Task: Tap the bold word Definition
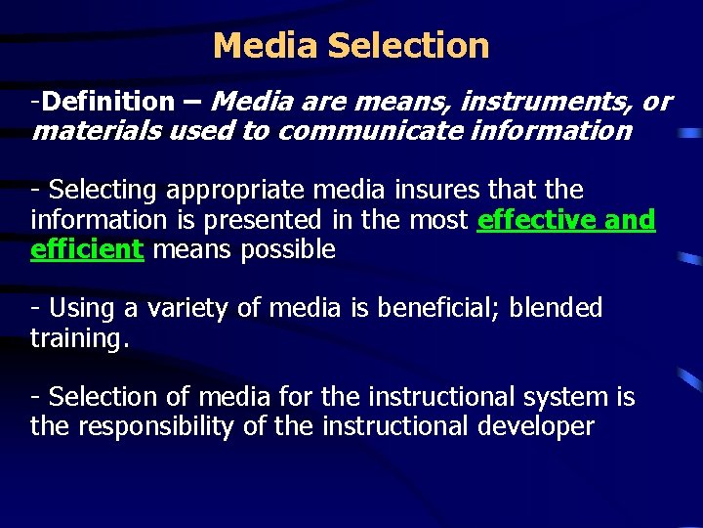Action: [108, 101]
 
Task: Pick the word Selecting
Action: [103, 189]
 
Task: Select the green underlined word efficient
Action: [87, 249]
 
